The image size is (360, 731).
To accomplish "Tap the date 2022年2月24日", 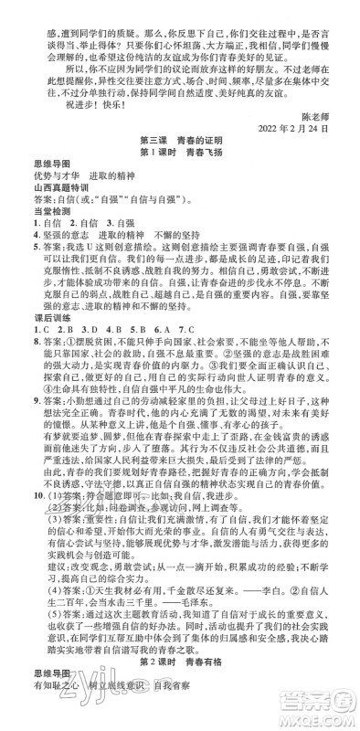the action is (305, 124).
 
